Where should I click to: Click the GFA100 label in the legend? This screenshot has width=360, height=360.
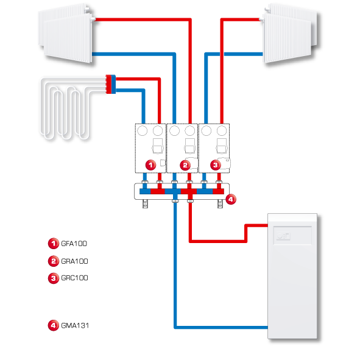coord(74,244)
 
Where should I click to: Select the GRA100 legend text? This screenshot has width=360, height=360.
coord(74,261)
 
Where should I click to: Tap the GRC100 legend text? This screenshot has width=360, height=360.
coord(74,278)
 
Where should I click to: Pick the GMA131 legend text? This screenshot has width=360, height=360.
coord(75,325)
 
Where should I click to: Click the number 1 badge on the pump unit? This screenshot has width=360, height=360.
coord(150,165)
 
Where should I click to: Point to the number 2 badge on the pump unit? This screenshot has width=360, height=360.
coord(185,165)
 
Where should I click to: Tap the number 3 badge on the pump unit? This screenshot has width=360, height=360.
coord(216,165)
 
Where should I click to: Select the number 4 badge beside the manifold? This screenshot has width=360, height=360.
coord(231,199)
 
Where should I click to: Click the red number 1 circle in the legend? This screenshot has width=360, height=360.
coord(54,244)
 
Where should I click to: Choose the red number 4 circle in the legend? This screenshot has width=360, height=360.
coord(54,325)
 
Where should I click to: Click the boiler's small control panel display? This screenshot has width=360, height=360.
coord(283,236)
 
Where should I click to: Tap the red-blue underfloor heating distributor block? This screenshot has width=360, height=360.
coord(111,84)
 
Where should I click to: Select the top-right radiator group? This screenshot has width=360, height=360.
coord(290,34)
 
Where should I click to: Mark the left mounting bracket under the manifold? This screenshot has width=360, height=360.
coord(145,203)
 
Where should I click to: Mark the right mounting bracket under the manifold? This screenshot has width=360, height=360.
coord(220,203)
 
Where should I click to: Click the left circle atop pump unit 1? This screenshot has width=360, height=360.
coord(142,130)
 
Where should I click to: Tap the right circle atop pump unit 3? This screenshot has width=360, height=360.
coord(222,130)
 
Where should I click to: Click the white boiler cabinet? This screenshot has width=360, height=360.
coord(292,276)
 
